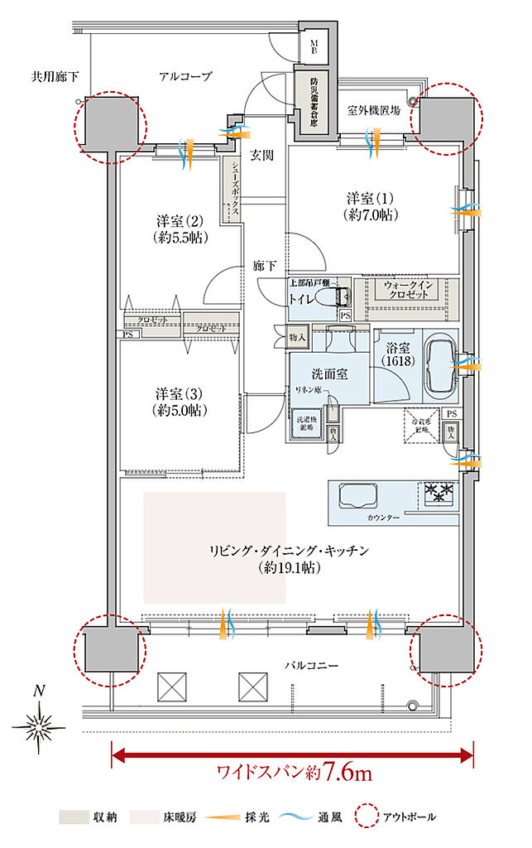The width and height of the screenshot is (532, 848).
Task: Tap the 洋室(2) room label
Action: tap(180, 229)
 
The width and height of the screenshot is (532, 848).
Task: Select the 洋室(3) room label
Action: tap(180, 402)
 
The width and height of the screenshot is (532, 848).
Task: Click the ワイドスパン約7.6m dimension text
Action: tap(294, 773)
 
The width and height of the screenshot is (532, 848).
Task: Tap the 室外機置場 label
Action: tap(374, 109)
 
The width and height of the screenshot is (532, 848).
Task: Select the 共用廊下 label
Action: tap(55, 77)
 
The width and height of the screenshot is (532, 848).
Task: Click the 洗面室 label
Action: tap(329, 373)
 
